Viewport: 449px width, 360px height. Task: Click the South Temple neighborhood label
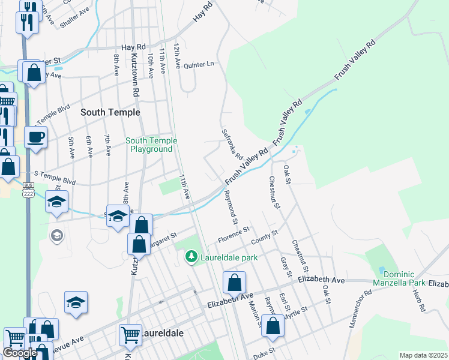click(x=110, y=112)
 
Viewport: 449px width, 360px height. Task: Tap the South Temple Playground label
click(x=151, y=145)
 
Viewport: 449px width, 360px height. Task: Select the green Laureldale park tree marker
click(x=191, y=257)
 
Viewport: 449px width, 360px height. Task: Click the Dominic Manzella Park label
click(x=399, y=278)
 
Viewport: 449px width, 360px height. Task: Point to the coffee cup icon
click(x=36, y=136)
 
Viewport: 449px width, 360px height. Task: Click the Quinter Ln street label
click(x=199, y=64)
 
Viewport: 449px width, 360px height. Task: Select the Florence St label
click(x=234, y=233)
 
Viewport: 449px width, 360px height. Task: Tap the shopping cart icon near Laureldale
click(x=130, y=335)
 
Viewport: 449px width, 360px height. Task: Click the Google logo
click(x=20, y=353)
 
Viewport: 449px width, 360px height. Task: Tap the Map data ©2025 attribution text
click(x=423, y=355)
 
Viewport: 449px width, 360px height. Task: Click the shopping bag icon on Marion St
click(x=234, y=282)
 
